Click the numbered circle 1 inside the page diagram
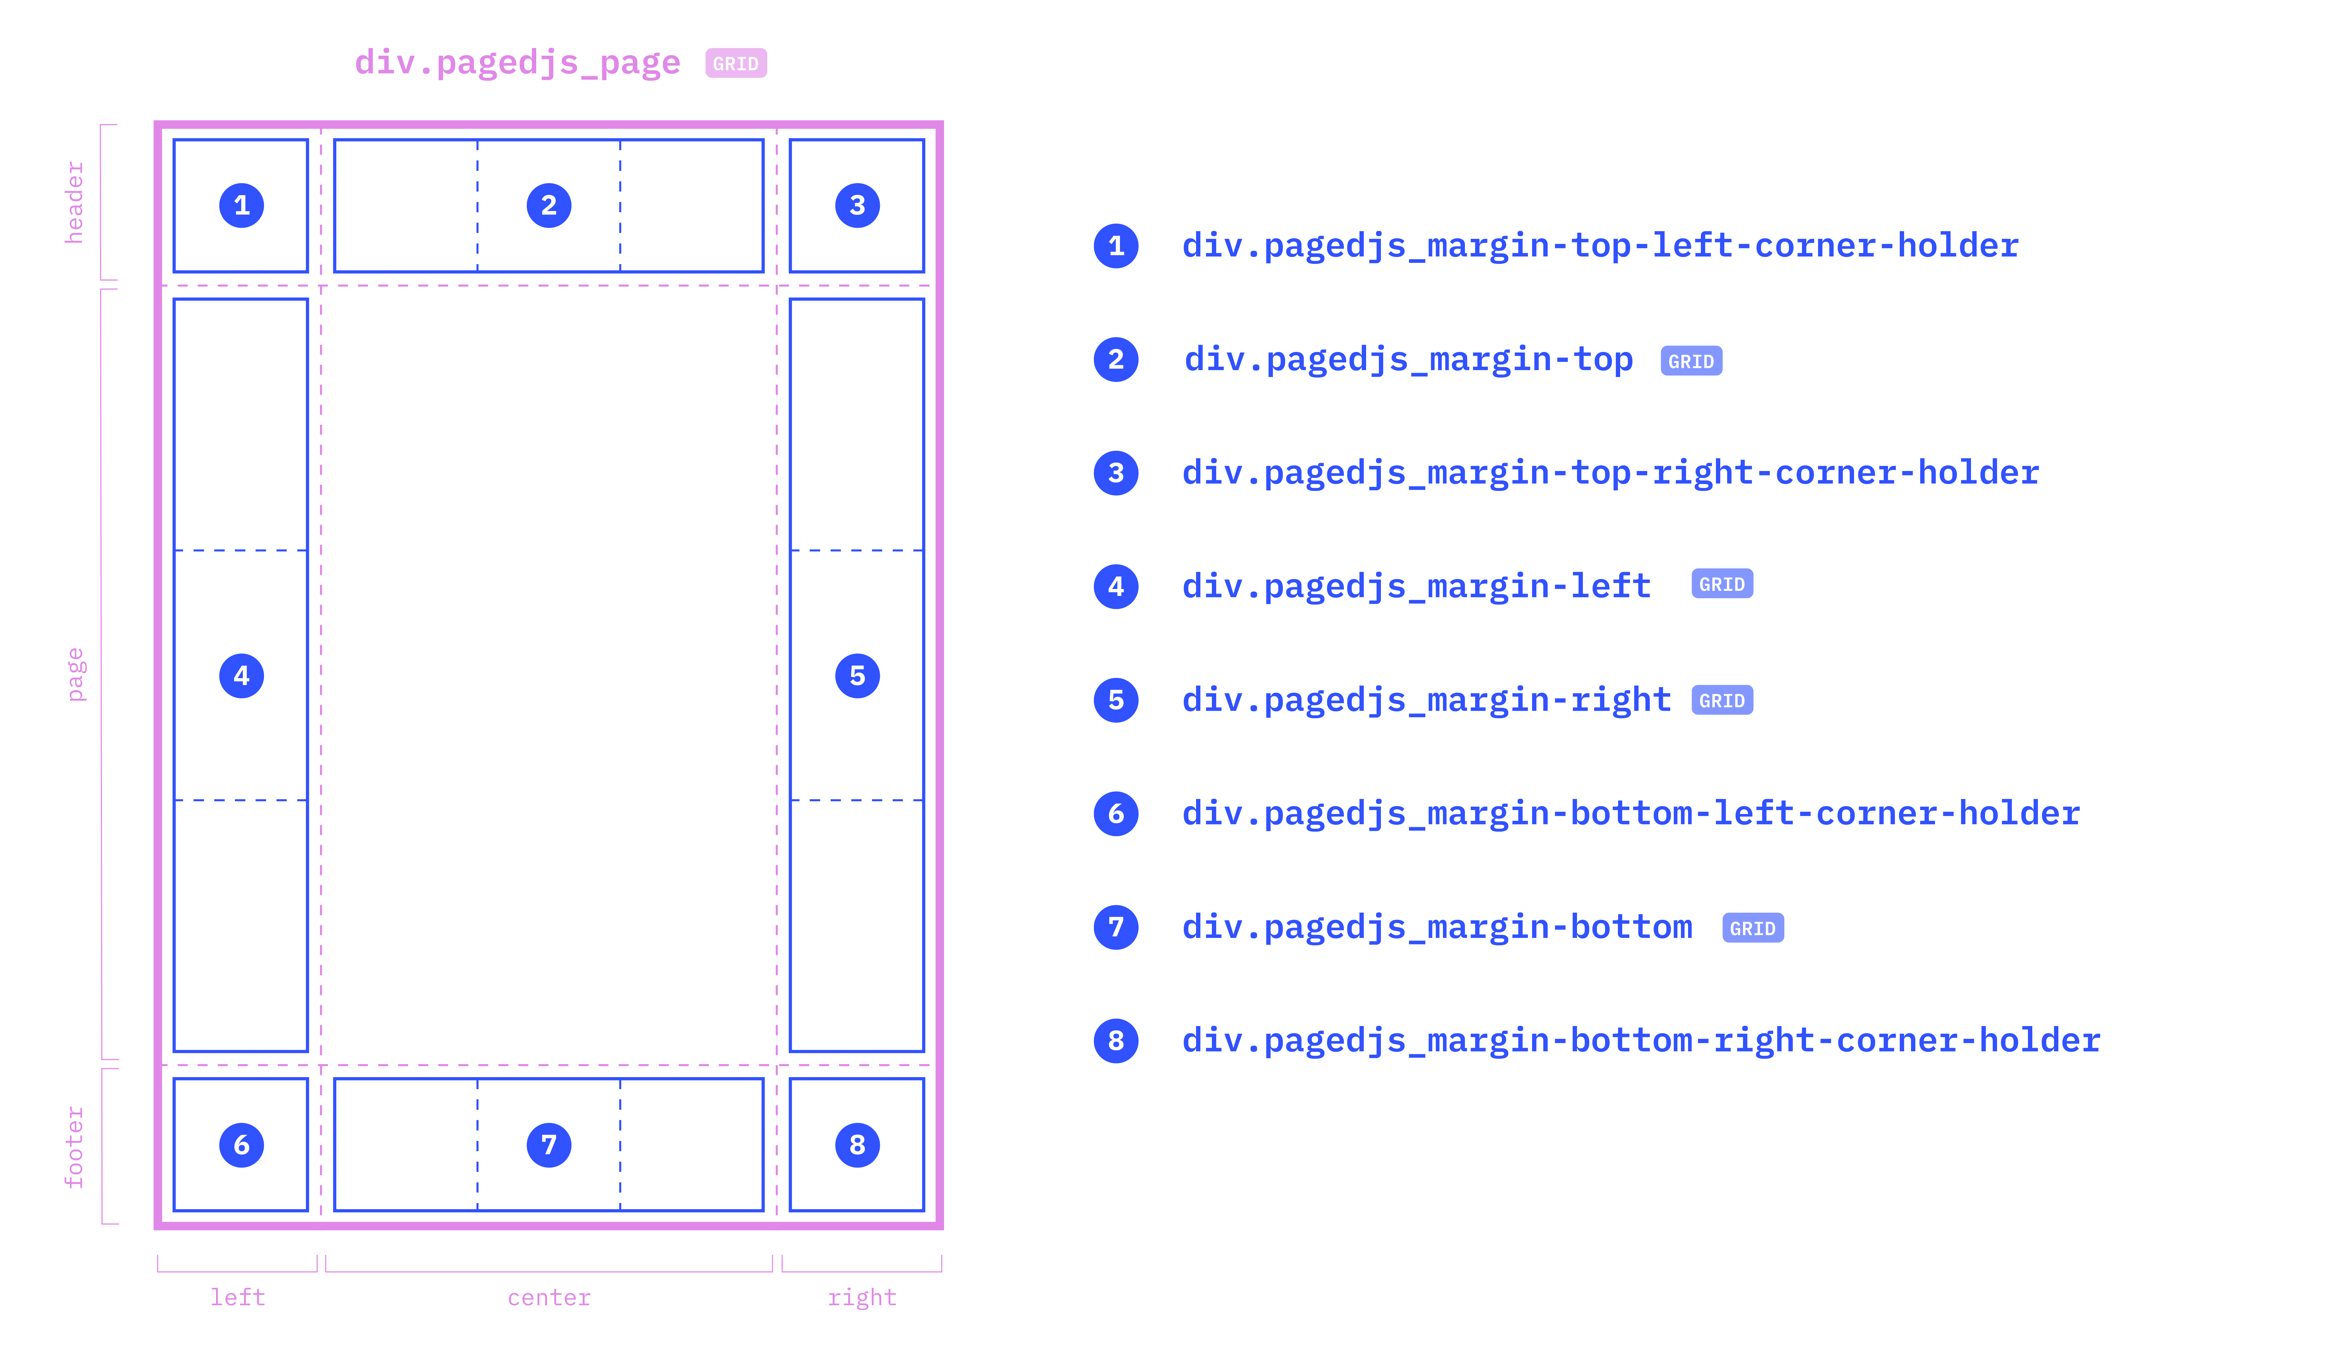pyautogui.click(x=242, y=205)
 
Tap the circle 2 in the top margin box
pyautogui.click(x=549, y=205)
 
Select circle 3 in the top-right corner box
pyautogui.click(x=857, y=205)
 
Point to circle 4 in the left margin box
pyautogui.click(x=242, y=676)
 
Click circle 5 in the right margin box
pyautogui.click(x=857, y=676)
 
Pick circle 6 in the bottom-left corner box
pyautogui.click(x=242, y=1145)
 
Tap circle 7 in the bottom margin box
pyautogui.click(x=549, y=1145)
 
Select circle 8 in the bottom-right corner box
pyautogui.click(x=857, y=1145)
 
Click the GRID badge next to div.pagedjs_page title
pyautogui.click(x=736, y=63)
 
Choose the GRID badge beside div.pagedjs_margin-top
pyautogui.click(x=1691, y=361)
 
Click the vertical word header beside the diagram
pyautogui.click(x=74, y=203)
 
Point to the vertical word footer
pyautogui.click(x=74, y=1147)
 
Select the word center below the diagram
pyautogui.click(x=549, y=1297)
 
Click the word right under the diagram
pyautogui.click(x=862, y=1297)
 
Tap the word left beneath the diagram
pyautogui.click(x=238, y=1297)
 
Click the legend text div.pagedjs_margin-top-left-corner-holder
pyautogui.click(x=1600, y=245)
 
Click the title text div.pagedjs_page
pyautogui.click(x=517, y=62)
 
